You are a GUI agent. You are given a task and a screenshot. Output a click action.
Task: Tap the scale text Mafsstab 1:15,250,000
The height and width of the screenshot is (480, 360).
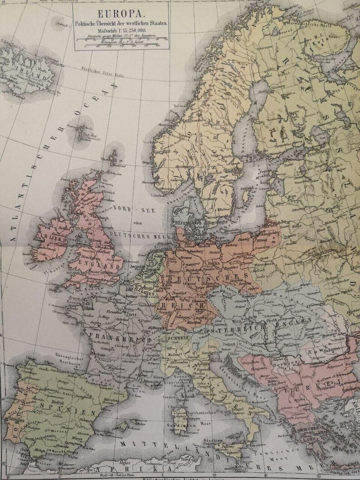coord(120,29)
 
